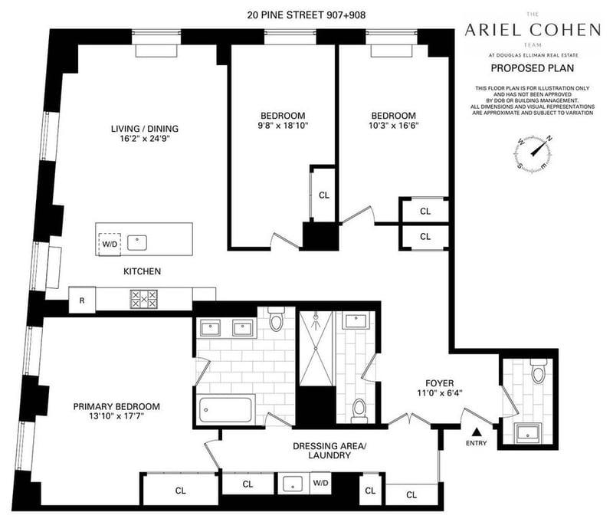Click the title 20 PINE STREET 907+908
pyautogui.click(x=303, y=13)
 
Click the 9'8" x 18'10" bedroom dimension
pyautogui.click(x=282, y=125)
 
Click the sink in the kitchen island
pyautogui.click(x=138, y=243)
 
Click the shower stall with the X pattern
pyautogui.click(x=315, y=350)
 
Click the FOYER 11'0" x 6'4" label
pyautogui.click(x=440, y=389)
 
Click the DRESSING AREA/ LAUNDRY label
pyautogui.click(x=321, y=450)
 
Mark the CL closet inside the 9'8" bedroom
pyautogui.click(x=324, y=195)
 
